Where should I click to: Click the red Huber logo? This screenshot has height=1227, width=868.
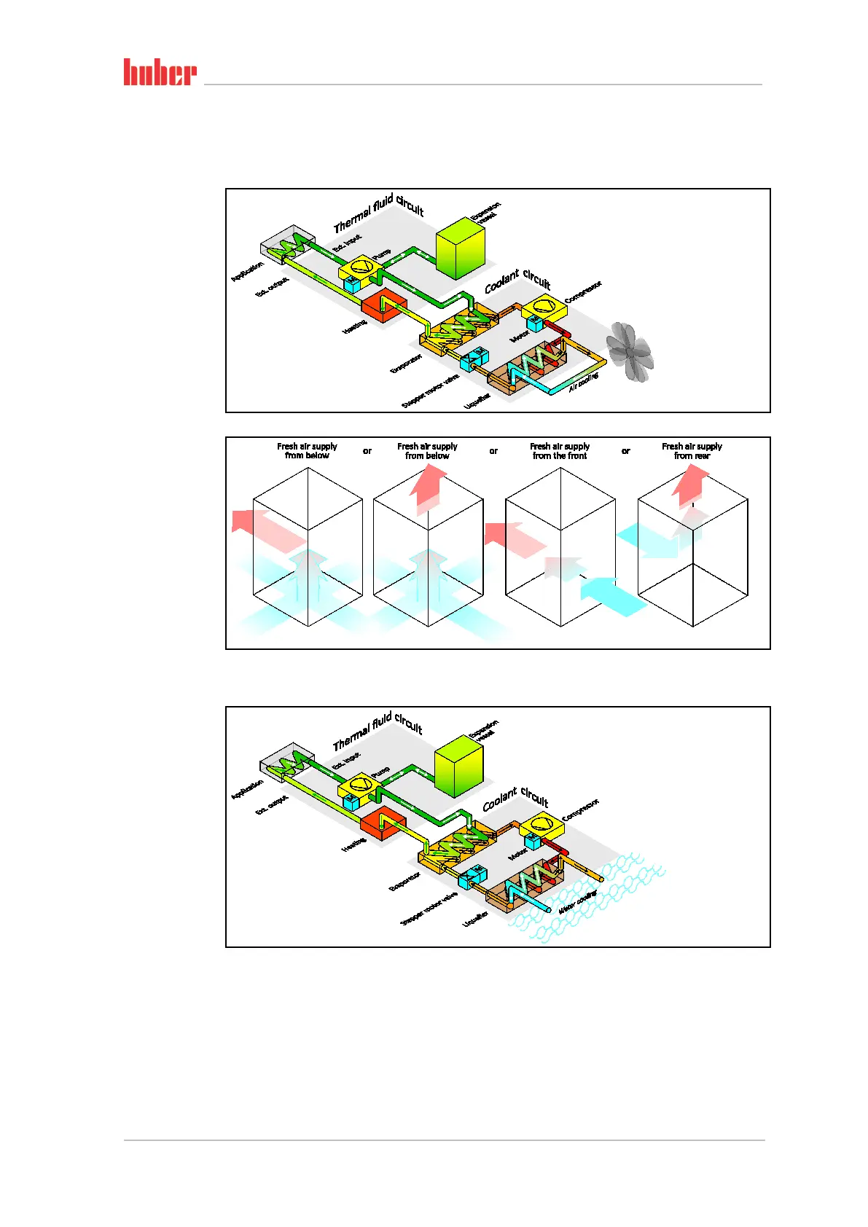[160, 72]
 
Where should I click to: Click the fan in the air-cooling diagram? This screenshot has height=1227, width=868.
[630, 351]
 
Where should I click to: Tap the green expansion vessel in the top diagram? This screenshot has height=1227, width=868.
[460, 247]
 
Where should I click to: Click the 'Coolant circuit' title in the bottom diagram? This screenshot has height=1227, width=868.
[515, 798]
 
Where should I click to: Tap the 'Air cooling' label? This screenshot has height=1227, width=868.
[583, 382]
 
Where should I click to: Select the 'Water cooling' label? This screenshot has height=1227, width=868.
[578, 901]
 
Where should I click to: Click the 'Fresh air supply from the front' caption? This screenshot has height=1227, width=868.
[560, 451]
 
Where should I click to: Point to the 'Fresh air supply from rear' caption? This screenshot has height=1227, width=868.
[692, 451]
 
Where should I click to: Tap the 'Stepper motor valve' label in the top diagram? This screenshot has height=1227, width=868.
[430, 391]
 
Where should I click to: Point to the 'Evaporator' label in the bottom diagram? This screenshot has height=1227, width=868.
[405, 881]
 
